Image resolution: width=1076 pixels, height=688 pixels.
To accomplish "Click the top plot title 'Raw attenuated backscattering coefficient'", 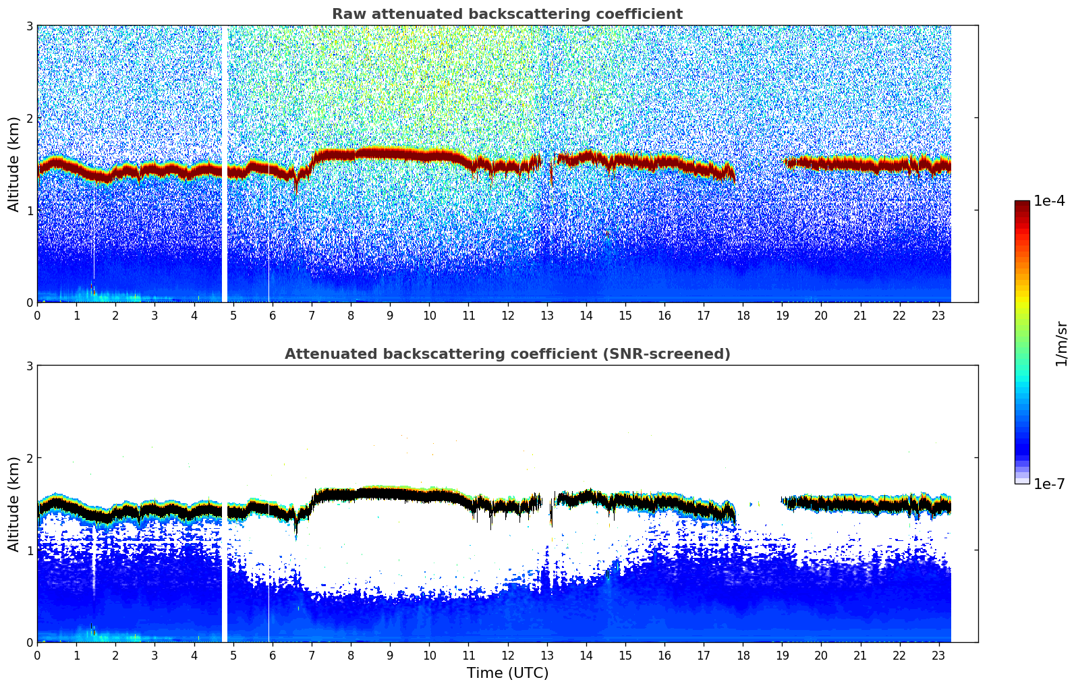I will (x=507, y=14).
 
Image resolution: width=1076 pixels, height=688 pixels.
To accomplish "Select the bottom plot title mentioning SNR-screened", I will (x=507, y=354).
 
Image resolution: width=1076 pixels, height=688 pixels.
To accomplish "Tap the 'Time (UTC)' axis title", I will (x=507, y=672).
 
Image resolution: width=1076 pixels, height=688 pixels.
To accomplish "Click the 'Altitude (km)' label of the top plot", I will (x=13, y=164).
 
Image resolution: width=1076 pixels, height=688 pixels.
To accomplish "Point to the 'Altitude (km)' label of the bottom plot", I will (x=13, y=504).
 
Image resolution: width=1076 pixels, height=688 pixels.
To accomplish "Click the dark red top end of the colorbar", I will (x=1021, y=204).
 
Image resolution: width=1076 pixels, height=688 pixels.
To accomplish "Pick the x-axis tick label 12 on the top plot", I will (x=507, y=315).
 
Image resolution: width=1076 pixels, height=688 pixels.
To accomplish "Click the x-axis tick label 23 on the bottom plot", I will (x=938, y=655).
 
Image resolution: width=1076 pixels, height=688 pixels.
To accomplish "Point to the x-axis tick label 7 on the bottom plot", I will (x=312, y=655).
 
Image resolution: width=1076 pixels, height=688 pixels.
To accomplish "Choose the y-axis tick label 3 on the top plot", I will (x=29, y=26).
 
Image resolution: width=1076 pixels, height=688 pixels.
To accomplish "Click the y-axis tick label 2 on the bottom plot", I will (x=29, y=458).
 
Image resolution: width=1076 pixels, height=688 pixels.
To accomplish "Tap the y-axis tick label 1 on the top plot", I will (x=29, y=210).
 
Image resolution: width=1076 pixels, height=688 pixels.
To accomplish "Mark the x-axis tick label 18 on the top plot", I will (x=743, y=315).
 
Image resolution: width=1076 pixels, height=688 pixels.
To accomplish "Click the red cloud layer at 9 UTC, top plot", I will (x=390, y=154).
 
